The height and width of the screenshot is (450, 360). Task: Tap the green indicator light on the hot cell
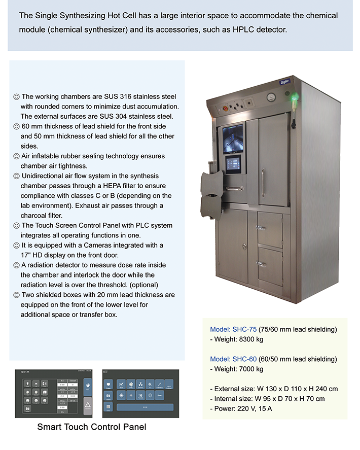click(x=293, y=95)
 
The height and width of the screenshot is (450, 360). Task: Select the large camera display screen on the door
click(x=232, y=138)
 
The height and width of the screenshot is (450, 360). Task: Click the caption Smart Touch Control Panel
click(x=92, y=427)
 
